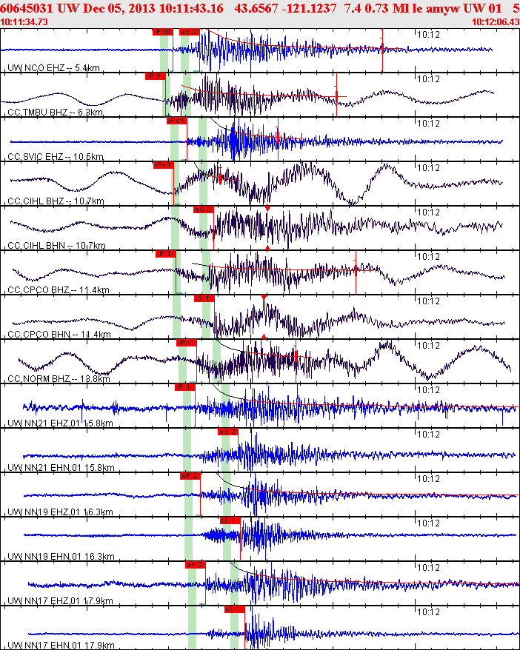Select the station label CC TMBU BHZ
click(x=38, y=113)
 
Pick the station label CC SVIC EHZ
click(x=36, y=157)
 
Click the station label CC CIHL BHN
click(x=37, y=246)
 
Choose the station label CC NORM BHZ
click(x=39, y=379)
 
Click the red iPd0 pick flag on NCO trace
click(x=162, y=32)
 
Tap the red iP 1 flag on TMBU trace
click(x=155, y=76)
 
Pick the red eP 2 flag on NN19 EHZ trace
click(x=190, y=476)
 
